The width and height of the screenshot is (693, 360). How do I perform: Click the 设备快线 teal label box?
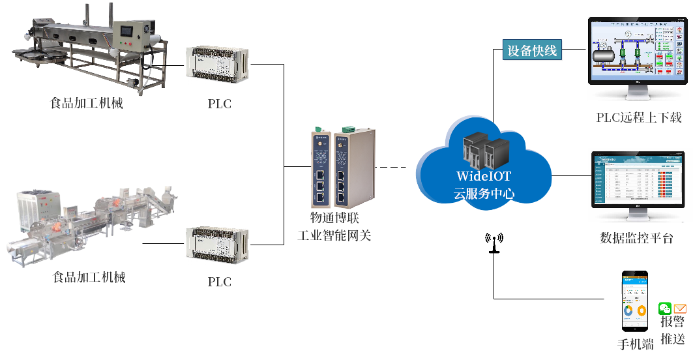pyautogui.click(x=533, y=50)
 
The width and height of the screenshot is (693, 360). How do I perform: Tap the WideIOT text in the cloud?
pyautogui.click(x=483, y=176)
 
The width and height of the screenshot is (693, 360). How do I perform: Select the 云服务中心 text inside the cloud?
pyautogui.click(x=484, y=193)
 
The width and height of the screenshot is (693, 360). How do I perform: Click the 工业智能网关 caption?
pyautogui.click(x=334, y=236)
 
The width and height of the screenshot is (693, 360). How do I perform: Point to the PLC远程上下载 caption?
pyautogui.click(x=639, y=118)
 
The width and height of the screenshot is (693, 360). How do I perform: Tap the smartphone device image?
pyautogui.click(x=635, y=302)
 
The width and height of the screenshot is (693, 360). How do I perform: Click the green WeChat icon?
pyautogui.click(x=665, y=308)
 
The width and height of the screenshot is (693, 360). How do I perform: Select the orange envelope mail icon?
pyautogui.click(x=680, y=308)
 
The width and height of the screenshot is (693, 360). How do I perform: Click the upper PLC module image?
pyautogui.click(x=217, y=67)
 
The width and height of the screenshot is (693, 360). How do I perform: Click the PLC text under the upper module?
pyautogui.click(x=219, y=104)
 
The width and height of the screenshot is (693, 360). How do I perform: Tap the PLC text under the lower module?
pyautogui.click(x=219, y=282)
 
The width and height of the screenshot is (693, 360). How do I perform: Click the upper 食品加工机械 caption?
pyautogui.click(x=87, y=104)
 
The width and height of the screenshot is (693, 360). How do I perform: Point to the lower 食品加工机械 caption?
pyautogui.click(x=89, y=278)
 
